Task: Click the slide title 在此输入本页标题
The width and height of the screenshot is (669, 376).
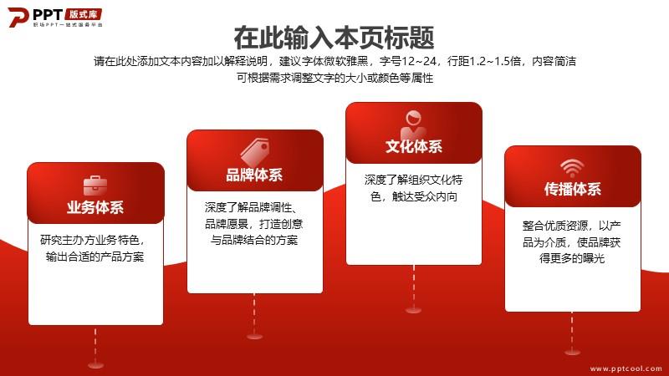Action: point(334,38)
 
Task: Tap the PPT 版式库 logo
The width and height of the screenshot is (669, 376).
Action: point(55,17)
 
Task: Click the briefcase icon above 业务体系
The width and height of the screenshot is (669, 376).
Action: point(95,185)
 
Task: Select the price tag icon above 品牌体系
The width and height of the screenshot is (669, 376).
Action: point(255,152)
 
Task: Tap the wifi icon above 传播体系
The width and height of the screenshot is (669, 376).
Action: point(572,168)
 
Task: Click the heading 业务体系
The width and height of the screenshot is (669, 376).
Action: point(95,207)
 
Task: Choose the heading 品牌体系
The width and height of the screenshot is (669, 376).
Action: point(254,175)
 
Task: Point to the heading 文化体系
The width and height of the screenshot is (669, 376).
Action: point(414,146)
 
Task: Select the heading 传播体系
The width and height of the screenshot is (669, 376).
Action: point(573,189)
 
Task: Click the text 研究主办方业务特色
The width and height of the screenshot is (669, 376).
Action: point(89,240)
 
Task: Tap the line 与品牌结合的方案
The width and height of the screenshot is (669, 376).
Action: point(254,240)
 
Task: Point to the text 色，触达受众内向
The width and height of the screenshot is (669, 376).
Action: point(414,196)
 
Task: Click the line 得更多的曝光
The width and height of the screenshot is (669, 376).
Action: point(572,258)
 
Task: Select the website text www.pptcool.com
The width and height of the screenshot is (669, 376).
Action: point(626,368)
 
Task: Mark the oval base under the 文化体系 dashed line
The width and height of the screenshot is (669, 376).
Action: point(413,310)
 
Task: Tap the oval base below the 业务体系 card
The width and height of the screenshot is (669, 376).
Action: point(95,365)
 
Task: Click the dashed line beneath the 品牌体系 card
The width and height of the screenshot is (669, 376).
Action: point(254,313)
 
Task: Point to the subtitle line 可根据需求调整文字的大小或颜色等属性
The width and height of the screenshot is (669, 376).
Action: point(335,78)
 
